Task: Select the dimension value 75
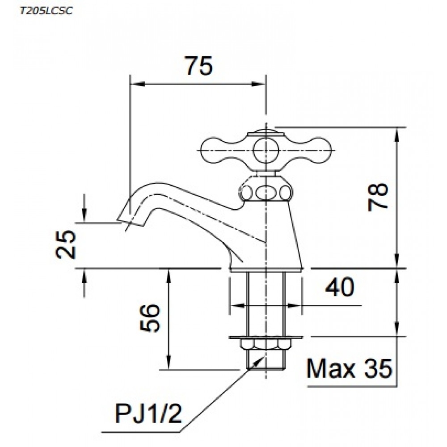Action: click(198, 67)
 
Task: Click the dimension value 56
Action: click(151, 318)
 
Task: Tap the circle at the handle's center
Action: click(266, 150)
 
